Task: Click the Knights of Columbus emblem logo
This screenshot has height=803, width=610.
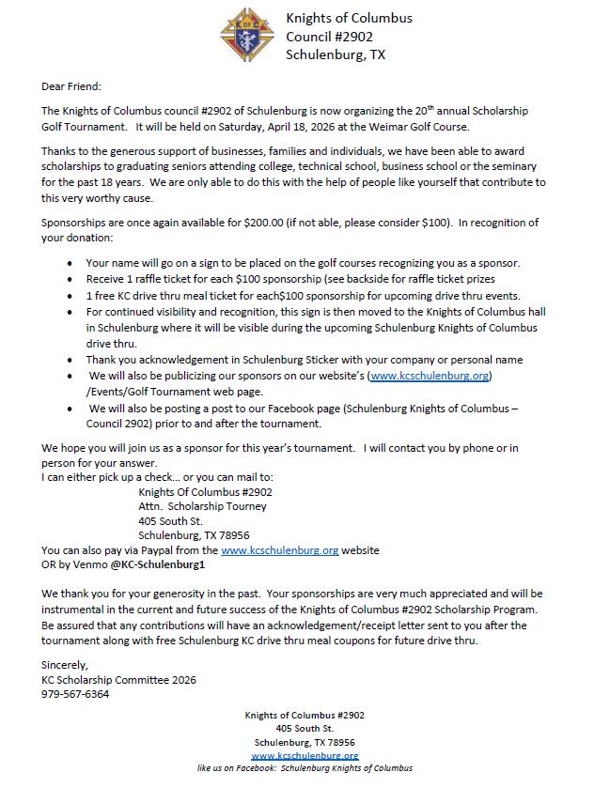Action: coord(248,35)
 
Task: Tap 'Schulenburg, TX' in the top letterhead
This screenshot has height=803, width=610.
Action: coord(336,54)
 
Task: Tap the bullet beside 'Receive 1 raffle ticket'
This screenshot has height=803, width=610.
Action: coord(70,279)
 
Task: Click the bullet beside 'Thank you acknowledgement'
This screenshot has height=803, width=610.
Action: coord(70,361)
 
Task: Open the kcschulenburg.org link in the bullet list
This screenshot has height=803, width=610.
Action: coord(430,376)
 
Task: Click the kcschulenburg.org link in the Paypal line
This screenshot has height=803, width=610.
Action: coord(279,550)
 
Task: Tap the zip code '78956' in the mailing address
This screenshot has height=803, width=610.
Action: coord(232,535)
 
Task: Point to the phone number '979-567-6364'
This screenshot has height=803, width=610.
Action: coord(75,694)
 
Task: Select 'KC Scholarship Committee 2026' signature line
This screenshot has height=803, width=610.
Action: coord(119,680)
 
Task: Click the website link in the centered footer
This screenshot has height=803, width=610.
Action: coord(305,755)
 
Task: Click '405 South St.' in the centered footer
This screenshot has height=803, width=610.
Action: coord(305,728)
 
